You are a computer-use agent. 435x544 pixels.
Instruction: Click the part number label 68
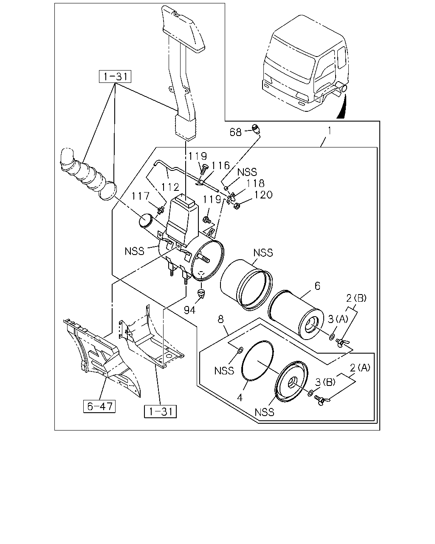point(235,132)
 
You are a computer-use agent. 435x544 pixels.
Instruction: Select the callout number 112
point(170,187)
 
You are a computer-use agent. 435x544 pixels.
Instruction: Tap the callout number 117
point(141,196)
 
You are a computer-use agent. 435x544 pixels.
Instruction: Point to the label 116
point(220,166)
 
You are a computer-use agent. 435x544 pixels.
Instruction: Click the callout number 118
point(255,183)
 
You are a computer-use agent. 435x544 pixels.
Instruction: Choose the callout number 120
point(263,195)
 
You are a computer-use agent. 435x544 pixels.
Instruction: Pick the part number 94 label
point(189,310)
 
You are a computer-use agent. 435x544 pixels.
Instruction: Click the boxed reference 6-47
point(99,406)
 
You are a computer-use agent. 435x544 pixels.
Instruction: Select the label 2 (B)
point(356,298)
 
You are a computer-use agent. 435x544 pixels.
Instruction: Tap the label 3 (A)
point(338,319)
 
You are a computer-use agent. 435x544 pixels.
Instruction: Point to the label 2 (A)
point(360,368)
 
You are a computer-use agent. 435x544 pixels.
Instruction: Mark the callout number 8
point(221,319)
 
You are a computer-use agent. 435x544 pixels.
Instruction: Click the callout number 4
point(240,398)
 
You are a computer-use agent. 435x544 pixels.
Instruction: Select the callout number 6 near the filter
point(317,286)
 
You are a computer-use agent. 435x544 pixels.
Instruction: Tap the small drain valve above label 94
point(201,293)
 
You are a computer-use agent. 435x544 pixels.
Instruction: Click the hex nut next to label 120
point(237,207)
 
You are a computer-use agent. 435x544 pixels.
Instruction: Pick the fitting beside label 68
point(256,129)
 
